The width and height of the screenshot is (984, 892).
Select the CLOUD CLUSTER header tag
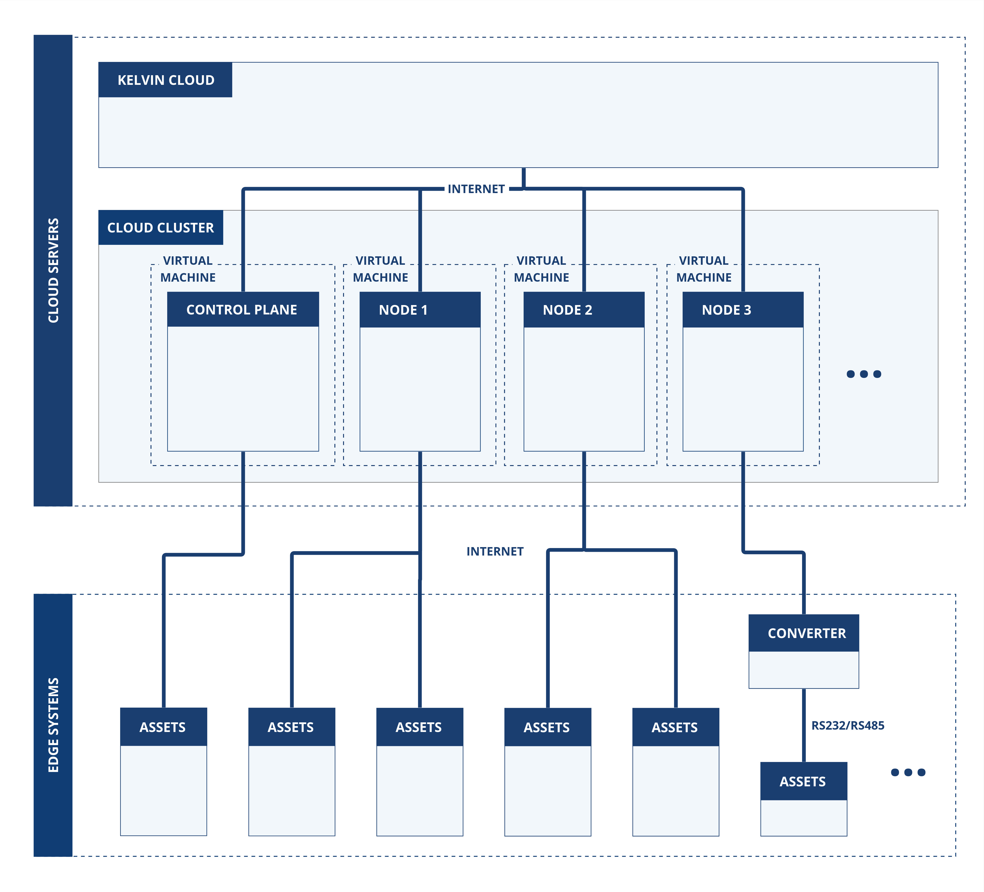(161, 228)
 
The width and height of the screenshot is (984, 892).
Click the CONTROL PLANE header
(242, 310)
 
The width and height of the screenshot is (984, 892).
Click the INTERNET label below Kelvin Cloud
(476, 189)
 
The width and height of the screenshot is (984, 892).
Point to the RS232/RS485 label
(847, 725)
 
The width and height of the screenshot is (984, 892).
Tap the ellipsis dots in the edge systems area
(908, 772)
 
